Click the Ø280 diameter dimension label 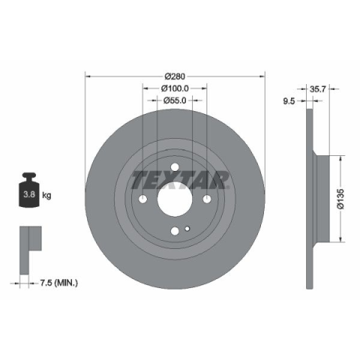point(175,76)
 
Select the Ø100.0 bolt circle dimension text point(175,88)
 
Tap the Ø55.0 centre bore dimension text point(175,100)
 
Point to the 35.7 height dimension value point(317,88)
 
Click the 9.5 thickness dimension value point(289,101)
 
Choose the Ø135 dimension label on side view point(340,199)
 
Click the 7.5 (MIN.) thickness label point(59,283)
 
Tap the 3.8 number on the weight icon point(29,194)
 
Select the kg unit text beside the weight point(46,195)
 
